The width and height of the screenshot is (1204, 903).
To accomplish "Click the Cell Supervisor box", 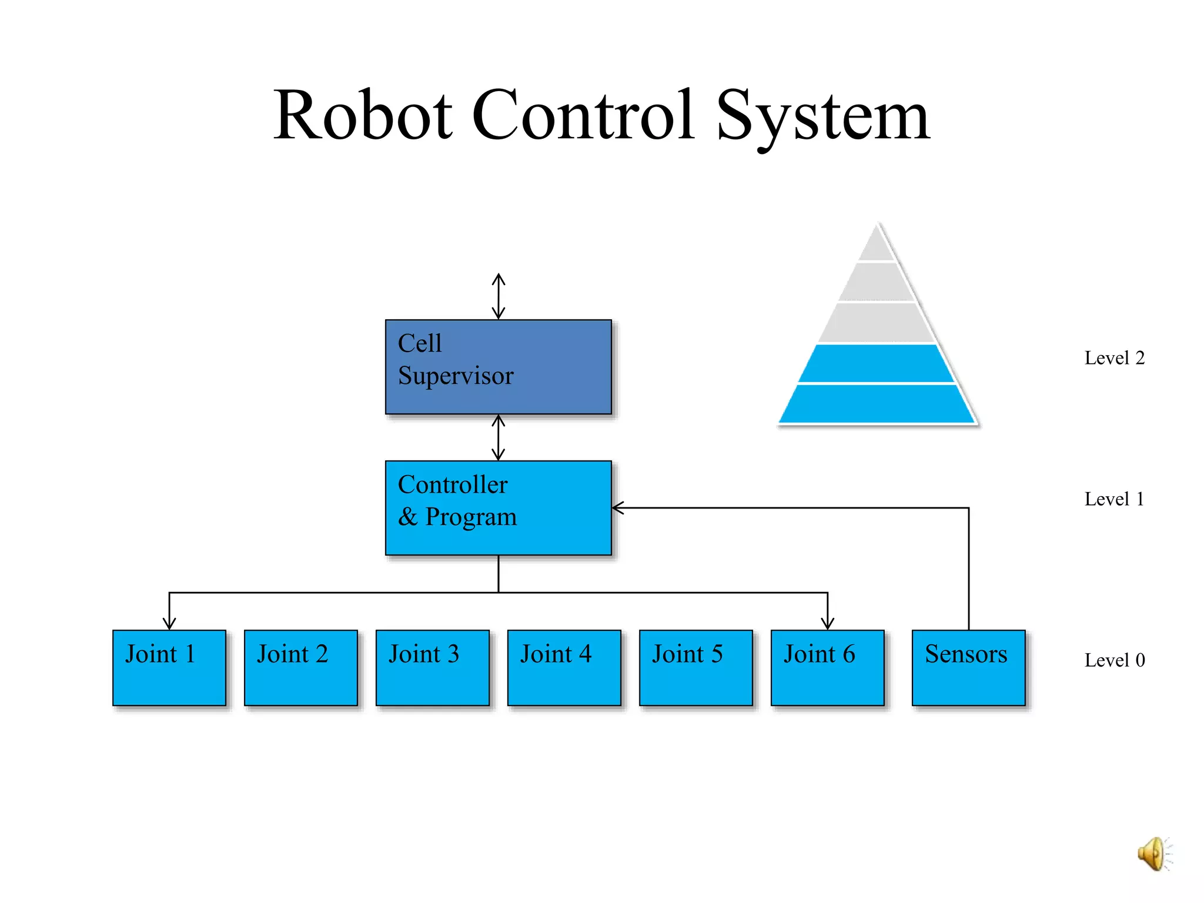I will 498,367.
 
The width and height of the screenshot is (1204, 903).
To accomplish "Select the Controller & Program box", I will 498,507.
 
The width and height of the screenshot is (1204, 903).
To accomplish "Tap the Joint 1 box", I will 169,667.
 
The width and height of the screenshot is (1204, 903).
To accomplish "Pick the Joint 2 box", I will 300,667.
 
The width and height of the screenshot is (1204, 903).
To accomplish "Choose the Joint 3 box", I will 432,667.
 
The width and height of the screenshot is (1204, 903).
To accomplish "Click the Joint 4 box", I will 564,667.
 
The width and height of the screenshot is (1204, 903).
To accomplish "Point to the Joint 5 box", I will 695,667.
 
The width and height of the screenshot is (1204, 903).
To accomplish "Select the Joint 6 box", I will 827,667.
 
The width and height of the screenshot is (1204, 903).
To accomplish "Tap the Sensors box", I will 968,667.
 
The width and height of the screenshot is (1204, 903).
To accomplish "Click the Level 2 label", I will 1114,358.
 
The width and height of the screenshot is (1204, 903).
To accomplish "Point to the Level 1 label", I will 1114,499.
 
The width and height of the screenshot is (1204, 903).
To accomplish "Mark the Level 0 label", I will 1114,660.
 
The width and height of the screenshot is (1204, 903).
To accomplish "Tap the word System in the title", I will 822,116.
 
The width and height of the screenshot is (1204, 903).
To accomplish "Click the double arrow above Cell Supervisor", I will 499,296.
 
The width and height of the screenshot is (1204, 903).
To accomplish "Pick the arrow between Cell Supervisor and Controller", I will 499,437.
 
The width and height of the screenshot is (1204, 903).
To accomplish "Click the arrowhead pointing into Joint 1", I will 169,623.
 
